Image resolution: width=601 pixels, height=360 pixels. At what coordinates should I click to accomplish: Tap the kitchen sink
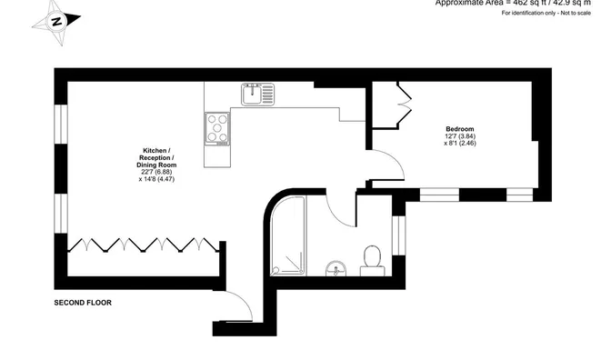click(256, 93)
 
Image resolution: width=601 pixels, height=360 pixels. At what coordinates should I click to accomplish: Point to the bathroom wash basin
click(335, 267)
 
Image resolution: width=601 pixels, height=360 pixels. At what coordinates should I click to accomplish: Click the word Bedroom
click(459, 128)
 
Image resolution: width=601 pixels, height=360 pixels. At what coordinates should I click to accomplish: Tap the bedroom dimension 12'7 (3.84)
click(459, 135)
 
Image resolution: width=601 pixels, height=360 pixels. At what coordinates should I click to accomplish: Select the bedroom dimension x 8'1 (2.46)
click(459, 144)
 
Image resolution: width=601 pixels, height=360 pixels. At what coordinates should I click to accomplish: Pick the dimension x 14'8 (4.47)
click(151, 180)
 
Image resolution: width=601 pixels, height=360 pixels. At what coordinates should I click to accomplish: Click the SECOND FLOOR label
click(83, 302)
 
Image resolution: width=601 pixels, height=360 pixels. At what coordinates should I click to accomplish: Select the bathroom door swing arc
click(342, 215)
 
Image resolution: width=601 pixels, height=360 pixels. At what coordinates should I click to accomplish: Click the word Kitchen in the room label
click(153, 150)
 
